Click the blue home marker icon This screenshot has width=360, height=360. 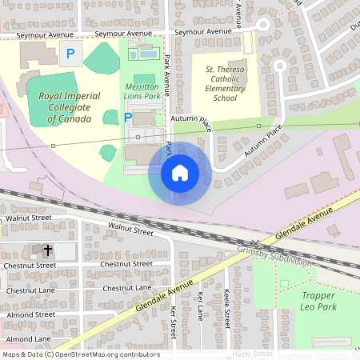(180, 172)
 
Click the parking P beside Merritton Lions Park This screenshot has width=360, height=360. (128, 118)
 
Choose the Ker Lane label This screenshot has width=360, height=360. (200, 306)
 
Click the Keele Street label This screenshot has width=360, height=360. (227, 308)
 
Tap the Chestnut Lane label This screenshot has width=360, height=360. (127, 287)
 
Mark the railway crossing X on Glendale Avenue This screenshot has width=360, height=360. (255, 243)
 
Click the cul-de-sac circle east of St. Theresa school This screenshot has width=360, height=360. (280, 66)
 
